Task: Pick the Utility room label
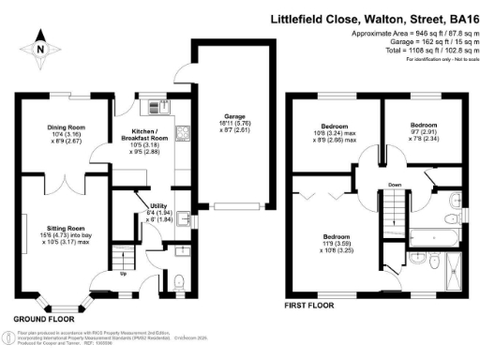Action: pos(157,213)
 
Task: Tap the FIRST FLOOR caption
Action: pos(313,306)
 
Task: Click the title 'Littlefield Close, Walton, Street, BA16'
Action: pos(370,16)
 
